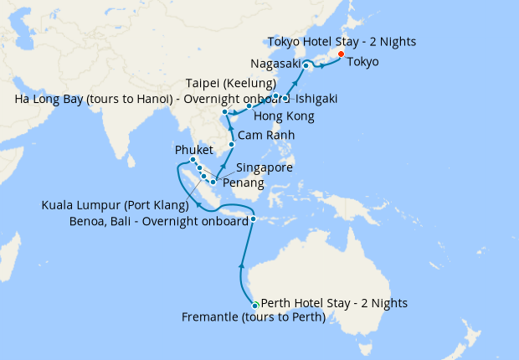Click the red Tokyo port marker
pyautogui.click(x=341, y=54)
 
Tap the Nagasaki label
pyautogui.click(x=275, y=64)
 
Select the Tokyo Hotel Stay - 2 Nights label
pyautogui.click(x=342, y=41)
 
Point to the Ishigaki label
pyautogui.click(x=316, y=99)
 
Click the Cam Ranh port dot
pyautogui.click(x=232, y=145)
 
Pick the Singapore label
pyautogui.click(x=265, y=167)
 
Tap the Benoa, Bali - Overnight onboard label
pyautogui.click(x=159, y=221)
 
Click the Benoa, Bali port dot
pyautogui.click(x=253, y=220)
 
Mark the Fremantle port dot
pyautogui.click(x=255, y=306)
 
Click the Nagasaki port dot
pyautogui.click(x=306, y=65)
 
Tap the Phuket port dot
pyautogui.click(x=193, y=160)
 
